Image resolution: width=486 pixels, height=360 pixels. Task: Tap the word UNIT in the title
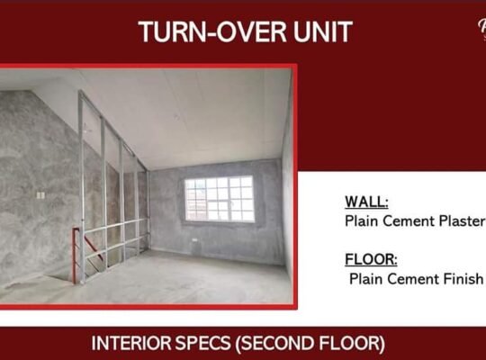point(318,32)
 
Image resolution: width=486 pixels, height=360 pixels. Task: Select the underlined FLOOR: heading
point(370,260)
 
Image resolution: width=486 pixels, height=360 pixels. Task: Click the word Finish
point(462,279)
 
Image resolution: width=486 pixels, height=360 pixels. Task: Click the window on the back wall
point(218,198)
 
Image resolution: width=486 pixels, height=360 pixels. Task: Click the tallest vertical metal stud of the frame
point(81,180)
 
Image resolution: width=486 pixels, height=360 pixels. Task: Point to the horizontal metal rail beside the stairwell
point(115,223)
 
